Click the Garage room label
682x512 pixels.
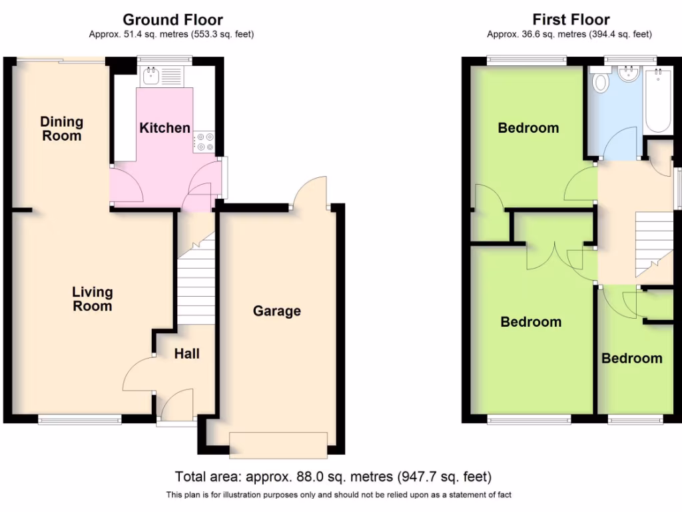(x=276, y=311)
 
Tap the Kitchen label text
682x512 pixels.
(x=165, y=128)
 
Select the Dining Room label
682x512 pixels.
(x=62, y=129)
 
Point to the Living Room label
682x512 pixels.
(x=93, y=299)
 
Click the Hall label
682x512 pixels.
(x=186, y=354)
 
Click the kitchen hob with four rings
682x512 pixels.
(x=203, y=142)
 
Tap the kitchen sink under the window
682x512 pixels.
(x=151, y=76)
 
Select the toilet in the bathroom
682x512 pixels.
(x=602, y=82)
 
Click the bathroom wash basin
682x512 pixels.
(x=628, y=75)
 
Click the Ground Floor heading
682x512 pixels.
(x=172, y=20)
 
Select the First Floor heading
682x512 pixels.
(x=571, y=20)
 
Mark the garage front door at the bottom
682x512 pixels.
(x=278, y=445)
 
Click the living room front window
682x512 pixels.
(x=79, y=419)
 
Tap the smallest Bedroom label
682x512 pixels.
(x=631, y=358)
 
